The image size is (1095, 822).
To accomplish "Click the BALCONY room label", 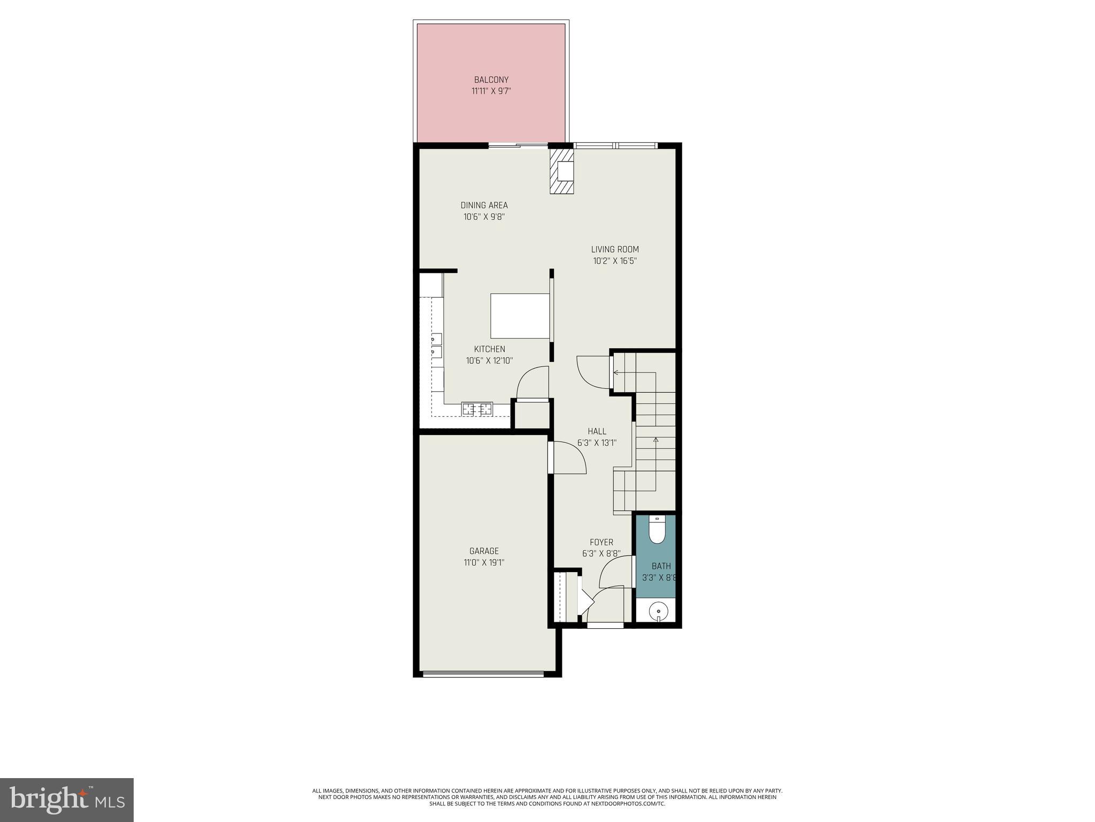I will tap(491, 80).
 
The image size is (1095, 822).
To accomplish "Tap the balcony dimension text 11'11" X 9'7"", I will tap(491, 91).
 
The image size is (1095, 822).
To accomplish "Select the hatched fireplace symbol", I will tap(561, 172).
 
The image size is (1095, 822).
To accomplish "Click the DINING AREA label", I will tap(484, 205).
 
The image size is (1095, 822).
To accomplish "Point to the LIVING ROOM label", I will tap(615, 249).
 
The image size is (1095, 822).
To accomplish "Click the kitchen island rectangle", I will tap(520, 315).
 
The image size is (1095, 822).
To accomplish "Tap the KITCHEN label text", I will tap(489, 349).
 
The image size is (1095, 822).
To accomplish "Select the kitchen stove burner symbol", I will tap(477, 409).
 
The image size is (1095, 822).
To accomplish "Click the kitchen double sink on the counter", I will tap(437, 345).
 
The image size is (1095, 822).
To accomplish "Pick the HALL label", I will tap(597, 431).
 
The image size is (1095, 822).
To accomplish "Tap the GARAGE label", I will tap(484, 551).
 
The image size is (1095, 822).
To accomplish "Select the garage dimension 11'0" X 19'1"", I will tap(484, 562).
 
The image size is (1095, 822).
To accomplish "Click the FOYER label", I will tap(601, 542).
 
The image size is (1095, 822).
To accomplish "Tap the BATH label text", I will tap(661, 566).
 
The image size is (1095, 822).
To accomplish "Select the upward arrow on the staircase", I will tap(656, 440).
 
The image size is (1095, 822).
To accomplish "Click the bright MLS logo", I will tap(67, 800).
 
